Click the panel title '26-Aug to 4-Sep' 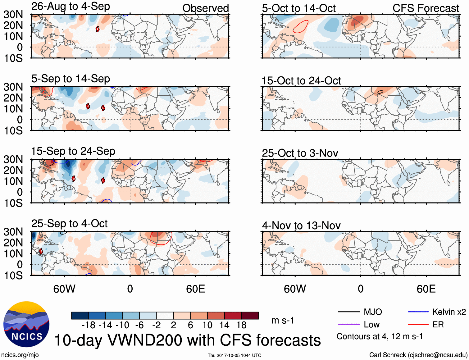point(71,7)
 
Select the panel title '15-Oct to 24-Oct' point(301,81)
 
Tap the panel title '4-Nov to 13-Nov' point(301,226)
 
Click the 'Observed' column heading point(205,8)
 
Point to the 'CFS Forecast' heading point(426,8)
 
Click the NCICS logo point(26,324)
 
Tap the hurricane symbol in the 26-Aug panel point(98,29)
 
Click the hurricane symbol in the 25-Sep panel point(41,251)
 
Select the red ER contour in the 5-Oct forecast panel point(301,27)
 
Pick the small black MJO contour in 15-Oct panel point(380,92)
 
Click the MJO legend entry point(360,312)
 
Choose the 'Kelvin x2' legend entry point(437,312)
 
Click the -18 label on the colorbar point(88,325)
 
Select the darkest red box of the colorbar point(250,316)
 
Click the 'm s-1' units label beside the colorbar point(283,320)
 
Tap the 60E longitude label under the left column point(195,289)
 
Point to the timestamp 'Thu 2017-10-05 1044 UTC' point(234,355)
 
